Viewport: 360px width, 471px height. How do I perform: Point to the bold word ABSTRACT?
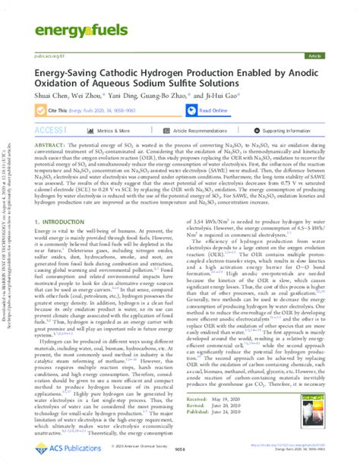(x=49, y=143)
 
